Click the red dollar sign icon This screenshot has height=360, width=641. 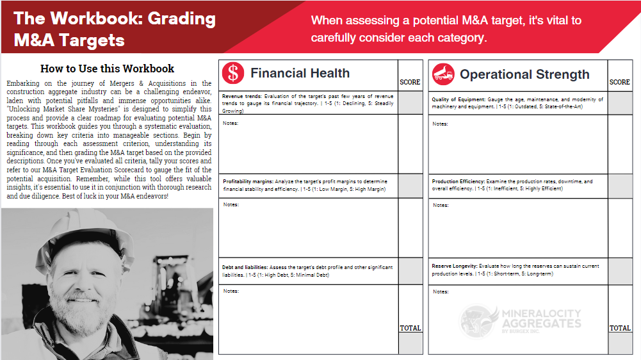tap(233, 73)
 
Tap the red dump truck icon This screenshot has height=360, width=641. tap(443, 74)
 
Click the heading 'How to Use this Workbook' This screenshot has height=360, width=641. tap(107, 69)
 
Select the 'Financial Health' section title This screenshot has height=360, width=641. tap(300, 73)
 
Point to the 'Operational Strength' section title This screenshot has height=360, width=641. tap(524, 74)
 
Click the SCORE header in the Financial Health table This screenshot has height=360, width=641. tap(410, 82)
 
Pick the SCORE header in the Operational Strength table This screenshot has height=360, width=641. tap(620, 82)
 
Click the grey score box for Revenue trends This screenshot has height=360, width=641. tap(410, 102)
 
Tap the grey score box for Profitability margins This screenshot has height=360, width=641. tap(410, 186)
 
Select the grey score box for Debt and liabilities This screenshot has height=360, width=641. tap(410, 271)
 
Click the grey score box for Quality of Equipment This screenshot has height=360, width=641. tap(620, 102)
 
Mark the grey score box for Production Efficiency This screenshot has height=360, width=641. tap(620, 186)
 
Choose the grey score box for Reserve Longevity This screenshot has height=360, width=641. tap(620, 271)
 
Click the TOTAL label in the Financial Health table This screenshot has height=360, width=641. tap(410, 328)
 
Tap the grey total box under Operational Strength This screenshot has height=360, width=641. tap(620, 343)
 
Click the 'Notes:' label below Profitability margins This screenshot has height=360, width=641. tap(231, 204)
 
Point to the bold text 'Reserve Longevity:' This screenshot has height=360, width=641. tap(455, 266)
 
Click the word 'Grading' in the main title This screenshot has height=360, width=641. tap(181, 19)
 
